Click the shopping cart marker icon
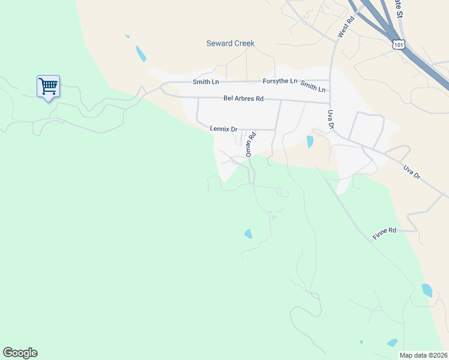[48, 86]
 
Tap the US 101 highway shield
[399, 44]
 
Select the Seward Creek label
[231, 43]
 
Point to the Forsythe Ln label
[280, 81]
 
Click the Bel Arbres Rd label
[243, 98]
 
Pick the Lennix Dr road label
[224, 128]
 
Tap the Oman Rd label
[249, 144]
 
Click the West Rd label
[346, 27]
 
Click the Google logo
[20, 353]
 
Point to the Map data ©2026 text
[423, 355]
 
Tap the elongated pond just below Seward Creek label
[141, 53]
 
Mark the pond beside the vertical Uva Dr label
[310, 142]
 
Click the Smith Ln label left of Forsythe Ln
[205, 82]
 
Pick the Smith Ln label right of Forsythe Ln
[313, 86]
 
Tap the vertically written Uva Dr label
[330, 119]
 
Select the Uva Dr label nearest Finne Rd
[412, 170]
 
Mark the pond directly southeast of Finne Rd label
[427, 290]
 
